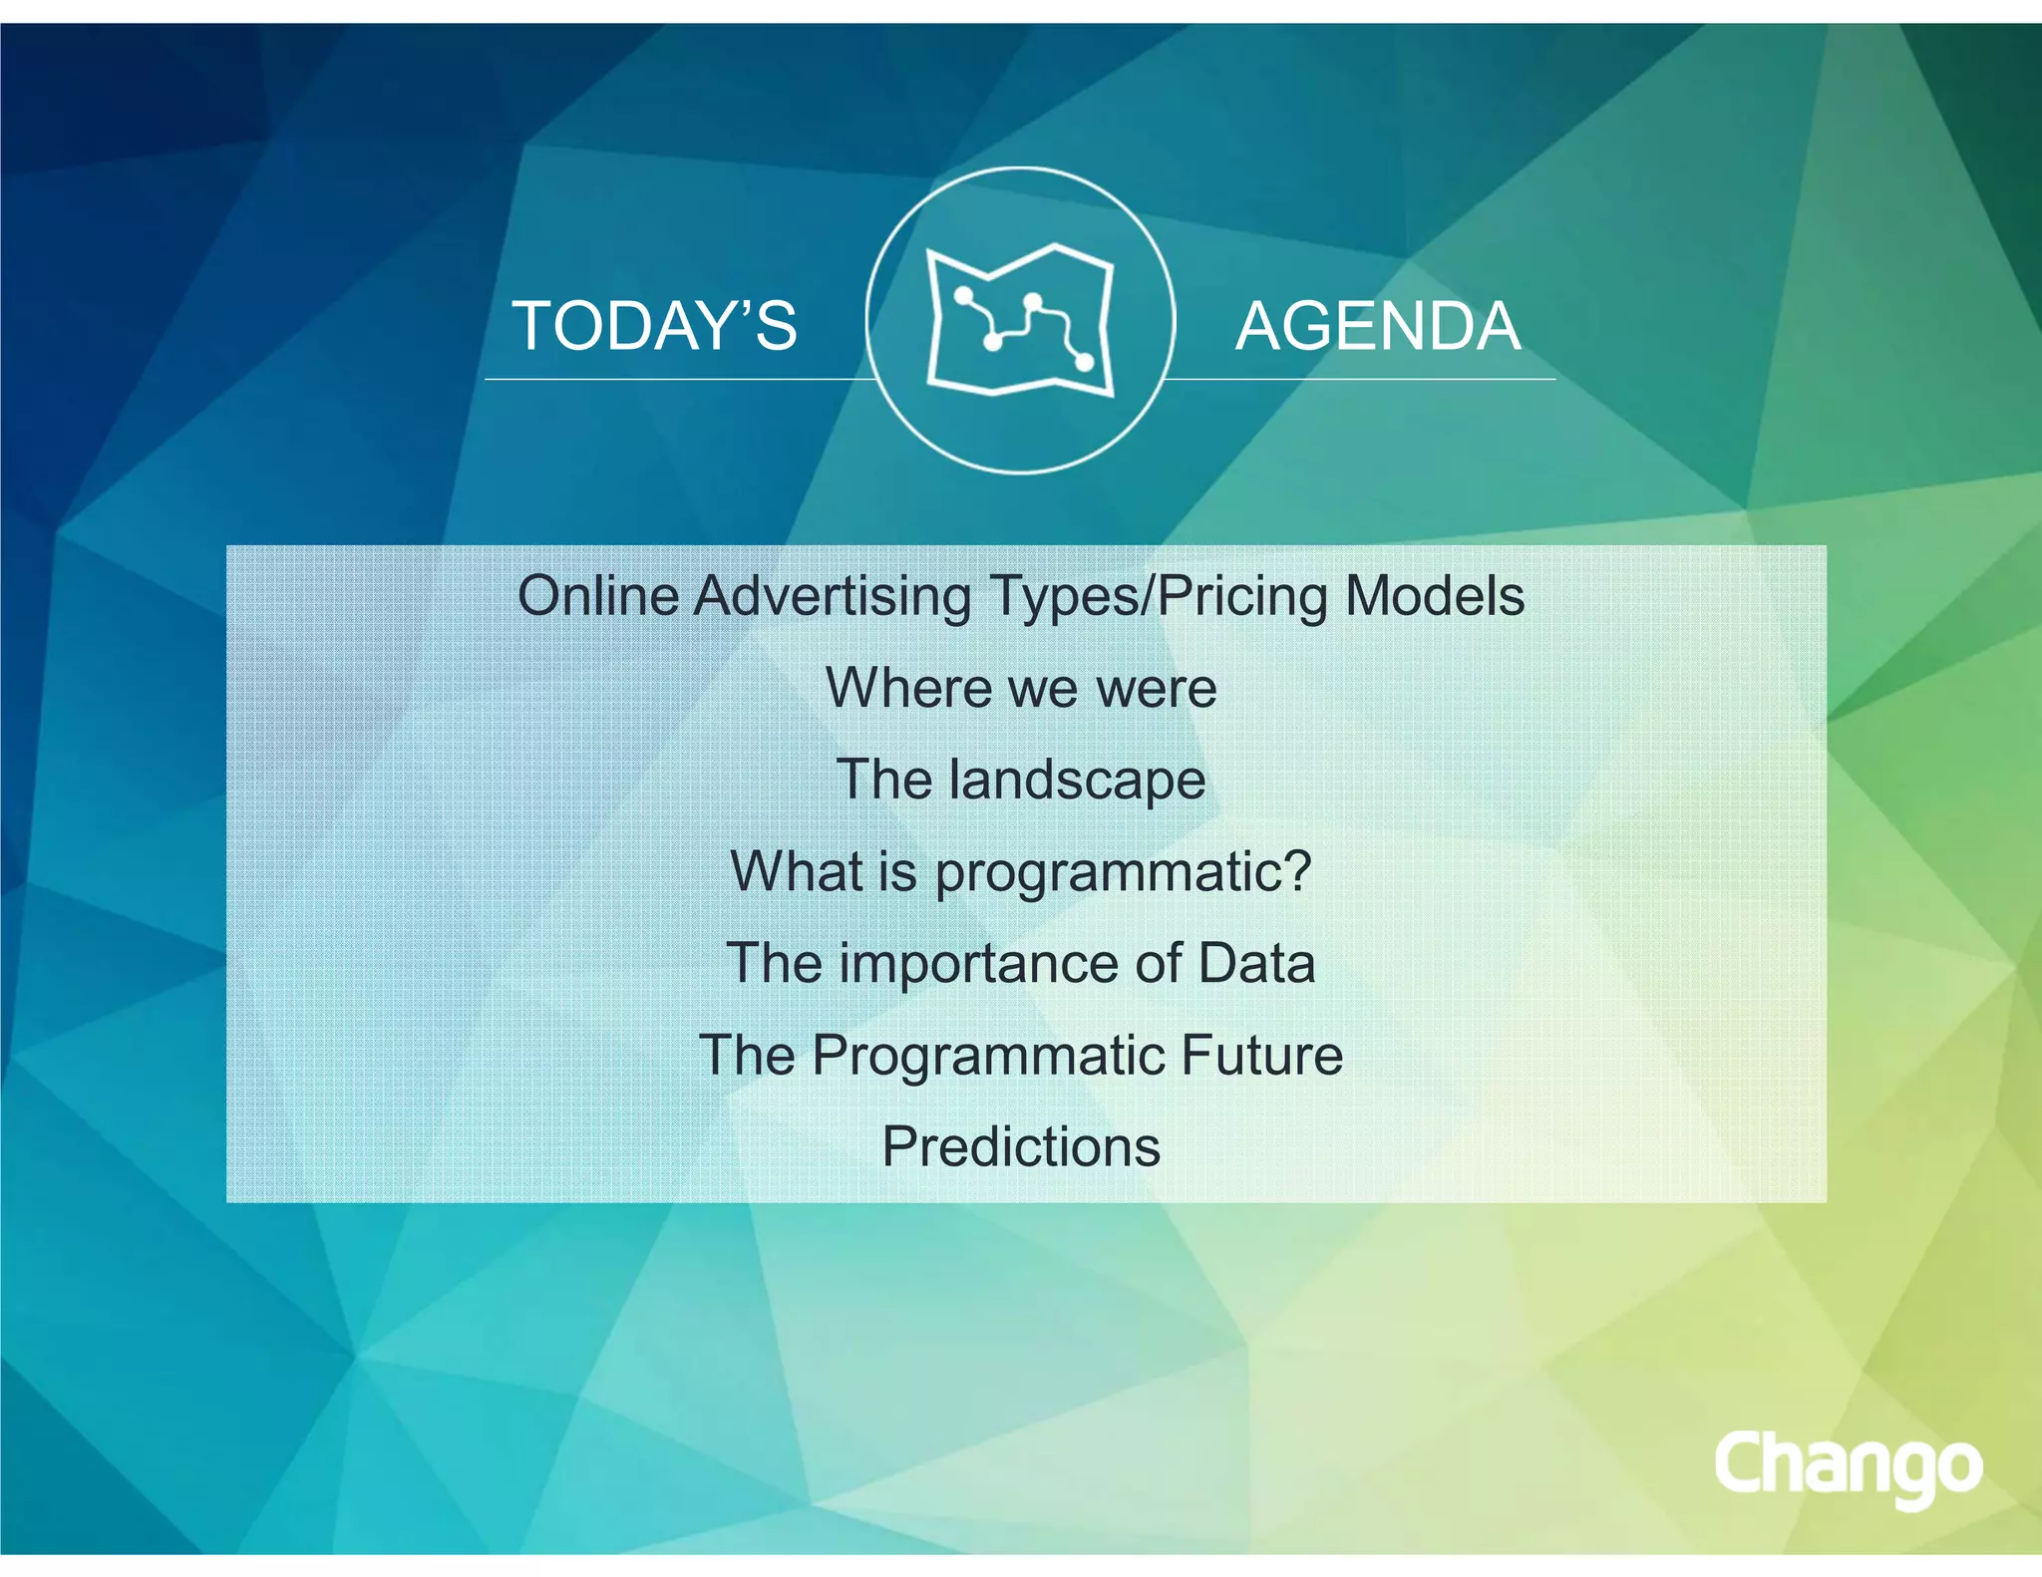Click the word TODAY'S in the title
coord(654,326)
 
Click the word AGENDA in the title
coord(1378,326)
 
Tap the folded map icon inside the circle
coord(1020,321)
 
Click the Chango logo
coord(1848,1466)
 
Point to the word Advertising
coord(832,596)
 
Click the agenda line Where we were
coord(1021,688)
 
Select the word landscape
coord(1077,780)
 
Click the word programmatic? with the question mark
coord(1123,872)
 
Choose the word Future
coord(1262,1055)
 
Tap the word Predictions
coord(1021,1146)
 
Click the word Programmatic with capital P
coord(988,1055)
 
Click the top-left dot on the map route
coord(964,295)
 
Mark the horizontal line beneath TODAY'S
coord(678,380)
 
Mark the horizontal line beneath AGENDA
coord(1361,380)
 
